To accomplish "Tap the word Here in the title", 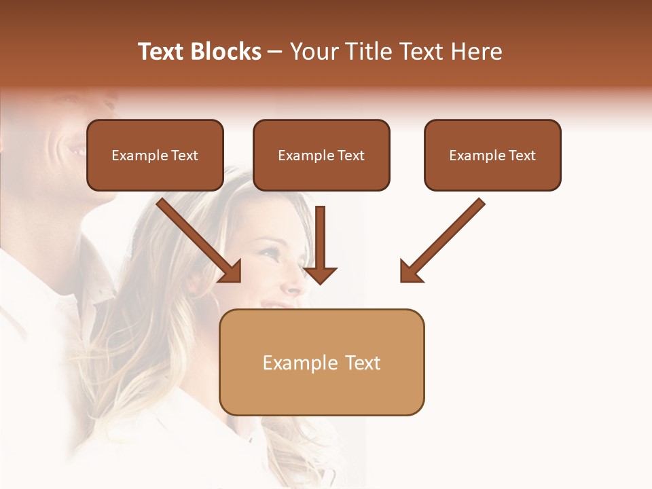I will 475,52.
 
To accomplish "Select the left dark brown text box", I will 155,156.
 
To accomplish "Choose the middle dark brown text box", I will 321,156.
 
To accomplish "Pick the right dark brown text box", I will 492,156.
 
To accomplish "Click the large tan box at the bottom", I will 321,363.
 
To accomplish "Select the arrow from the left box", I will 197,238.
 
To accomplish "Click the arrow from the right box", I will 445,238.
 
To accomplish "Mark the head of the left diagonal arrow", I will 231,272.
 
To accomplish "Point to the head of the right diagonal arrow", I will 410,272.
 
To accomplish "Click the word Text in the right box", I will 522,156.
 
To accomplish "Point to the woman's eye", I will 270,253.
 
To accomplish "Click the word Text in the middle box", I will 350,156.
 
